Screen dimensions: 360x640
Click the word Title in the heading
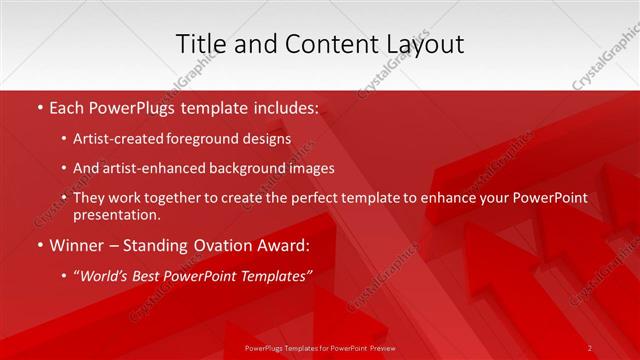(200, 44)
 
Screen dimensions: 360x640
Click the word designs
(268, 139)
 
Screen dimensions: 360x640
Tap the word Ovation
(241, 245)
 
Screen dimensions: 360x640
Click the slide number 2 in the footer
(589, 347)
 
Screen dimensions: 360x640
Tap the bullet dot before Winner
(38, 245)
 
